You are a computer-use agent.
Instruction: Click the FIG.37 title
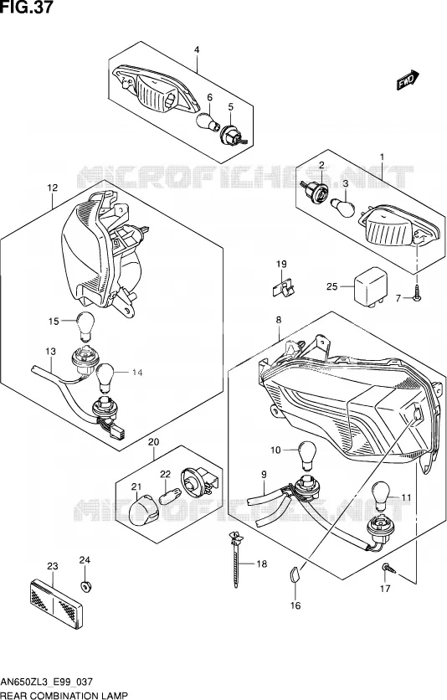click(x=26, y=8)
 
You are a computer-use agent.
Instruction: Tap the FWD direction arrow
click(x=408, y=80)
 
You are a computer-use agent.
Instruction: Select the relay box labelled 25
click(x=370, y=287)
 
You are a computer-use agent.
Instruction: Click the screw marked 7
click(x=417, y=296)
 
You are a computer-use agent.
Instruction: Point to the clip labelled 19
click(x=283, y=287)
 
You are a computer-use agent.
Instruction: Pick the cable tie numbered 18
click(x=235, y=559)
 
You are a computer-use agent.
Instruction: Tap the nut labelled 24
click(x=84, y=586)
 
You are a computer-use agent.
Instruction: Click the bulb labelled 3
click(x=342, y=206)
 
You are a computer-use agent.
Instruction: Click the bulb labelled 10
click(x=306, y=455)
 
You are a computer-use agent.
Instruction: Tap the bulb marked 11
click(x=381, y=496)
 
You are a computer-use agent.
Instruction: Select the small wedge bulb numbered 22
click(x=170, y=497)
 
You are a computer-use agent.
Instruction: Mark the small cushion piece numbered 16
click(x=293, y=574)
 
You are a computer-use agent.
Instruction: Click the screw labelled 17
click(x=388, y=569)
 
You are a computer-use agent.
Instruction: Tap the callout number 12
click(x=53, y=188)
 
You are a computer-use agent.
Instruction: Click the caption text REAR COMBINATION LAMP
click(x=64, y=695)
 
